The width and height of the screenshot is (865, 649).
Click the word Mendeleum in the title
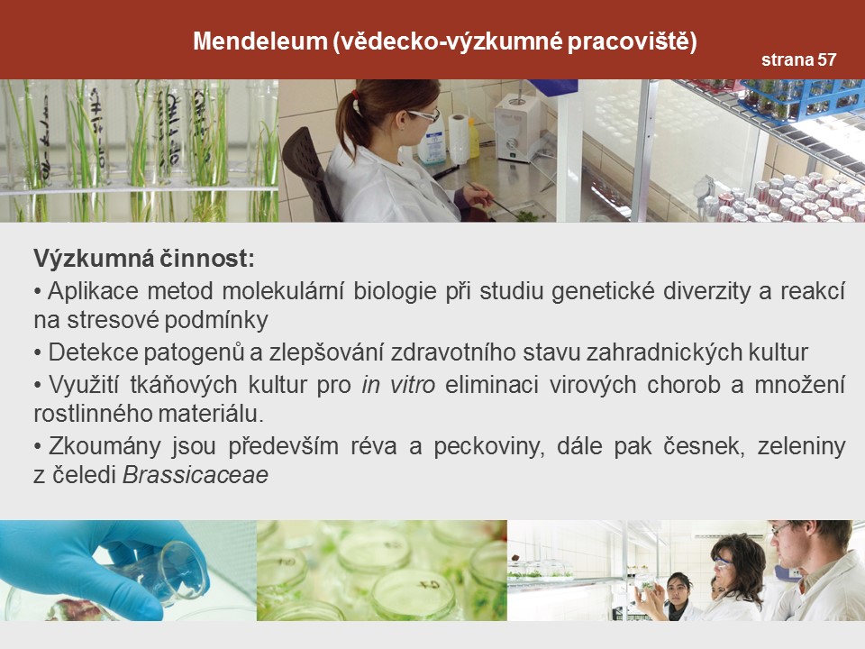coord(260,41)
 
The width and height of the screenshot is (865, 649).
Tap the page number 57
coord(826,59)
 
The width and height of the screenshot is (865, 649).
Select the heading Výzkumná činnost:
coord(144,258)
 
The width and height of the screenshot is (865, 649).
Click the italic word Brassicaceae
coord(196,475)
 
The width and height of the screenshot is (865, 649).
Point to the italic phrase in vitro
coord(398,385)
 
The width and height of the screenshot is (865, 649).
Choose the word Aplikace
coord(93,291)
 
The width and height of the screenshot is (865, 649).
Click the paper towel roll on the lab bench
coord(459,138)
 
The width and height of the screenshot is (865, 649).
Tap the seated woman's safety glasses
coord(423,115)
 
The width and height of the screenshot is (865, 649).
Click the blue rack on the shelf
coord(800,99)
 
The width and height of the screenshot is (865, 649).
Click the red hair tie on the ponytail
coord(356,95)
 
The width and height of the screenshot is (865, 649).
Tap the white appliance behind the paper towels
coord(517,127)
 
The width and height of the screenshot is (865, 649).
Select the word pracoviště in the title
coord(632,42)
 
